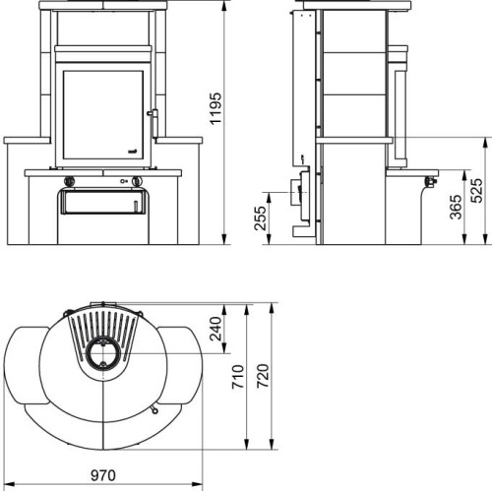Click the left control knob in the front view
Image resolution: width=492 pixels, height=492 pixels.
pyautogui.click(x=69, y=181)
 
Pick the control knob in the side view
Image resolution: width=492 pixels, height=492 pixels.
pyautogui.click(x=430, y=180)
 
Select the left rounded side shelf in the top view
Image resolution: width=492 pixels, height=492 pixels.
pyautogui.click(x=30, y=364)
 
